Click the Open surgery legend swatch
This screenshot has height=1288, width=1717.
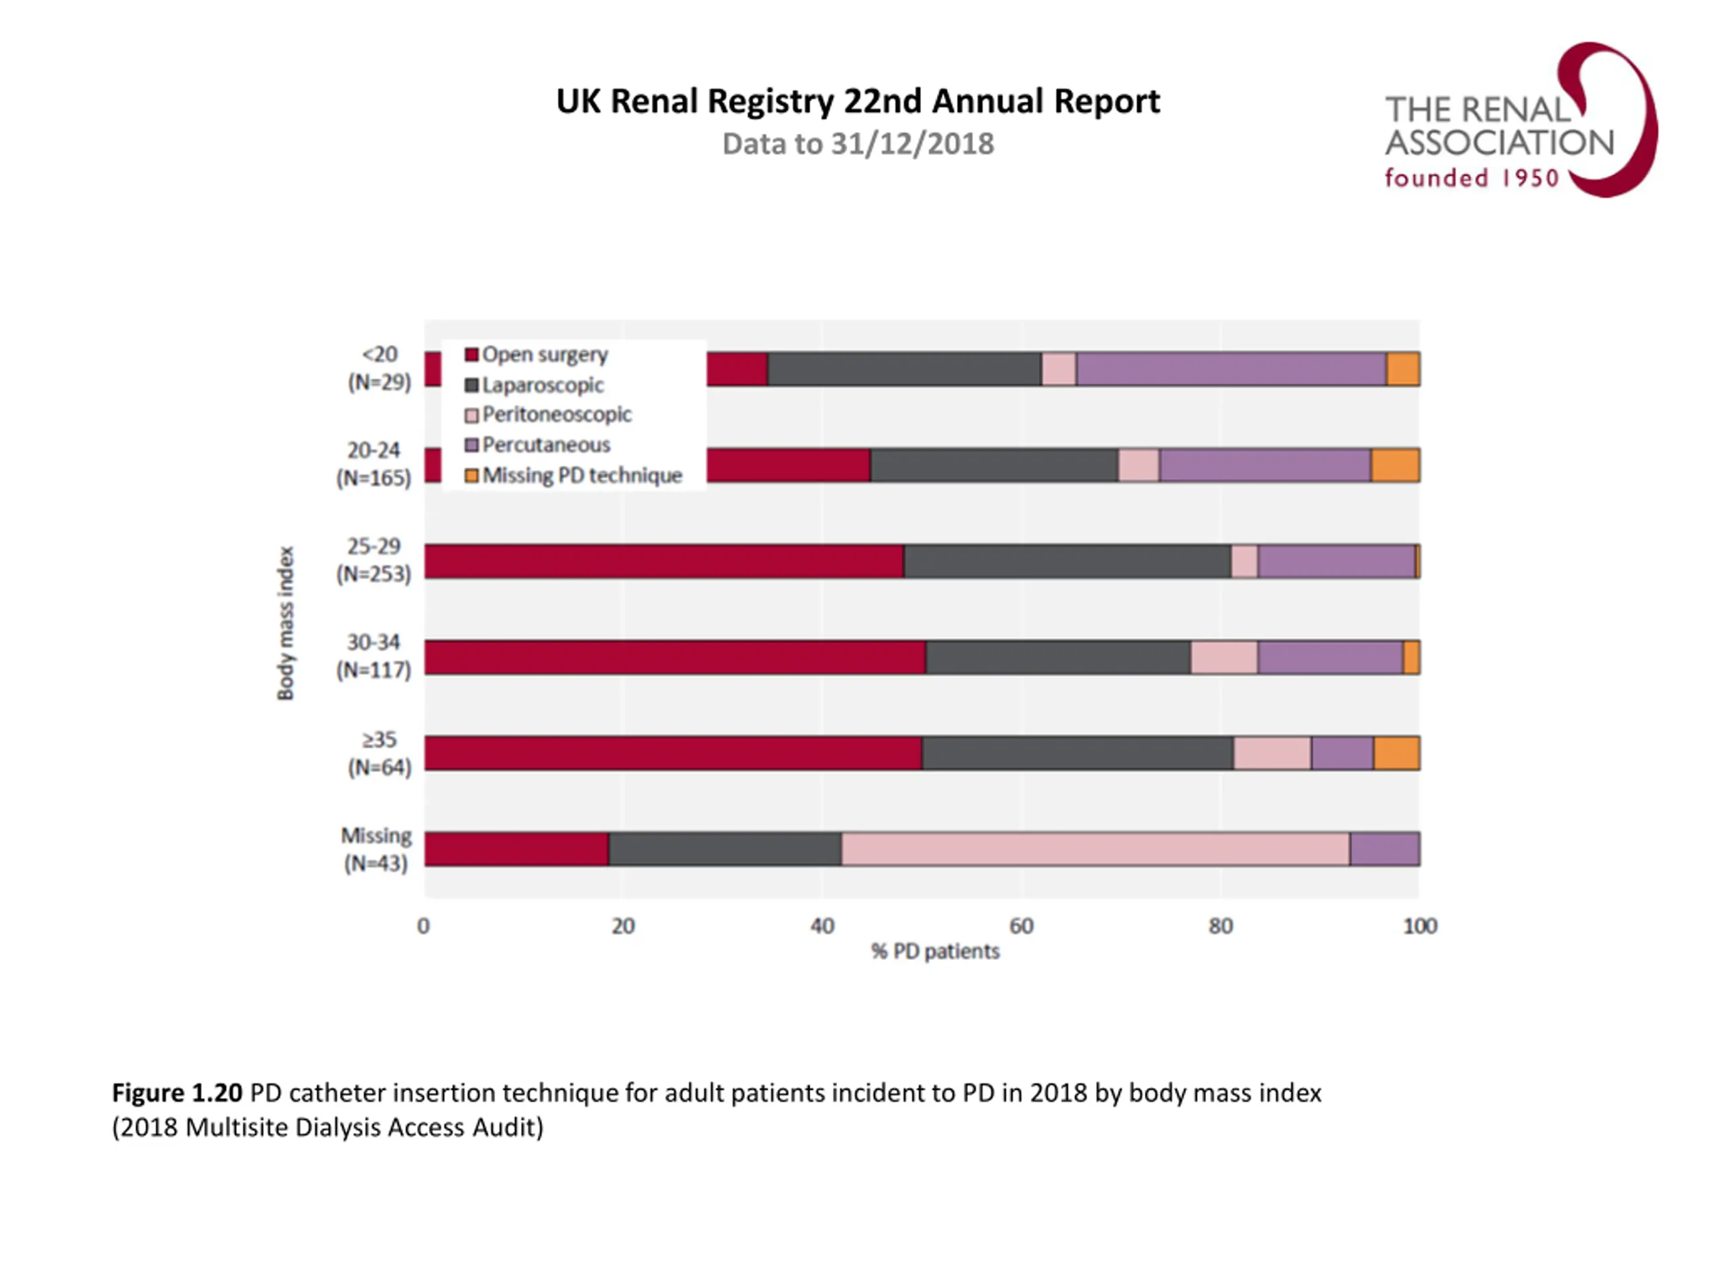point(471,355)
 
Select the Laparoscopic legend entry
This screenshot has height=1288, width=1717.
point(543,385)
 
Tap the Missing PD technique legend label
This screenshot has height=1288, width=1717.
point(582,475)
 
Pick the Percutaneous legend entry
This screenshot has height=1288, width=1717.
point(546,445)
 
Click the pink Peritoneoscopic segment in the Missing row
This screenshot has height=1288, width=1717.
point(1095,849)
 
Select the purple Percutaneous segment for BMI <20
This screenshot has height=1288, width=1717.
point(1231,369)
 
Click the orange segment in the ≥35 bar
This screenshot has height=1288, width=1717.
point(1396,753)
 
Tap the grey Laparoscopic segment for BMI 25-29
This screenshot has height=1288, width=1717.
point(1067,561)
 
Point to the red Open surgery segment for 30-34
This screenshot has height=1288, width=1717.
point(675,657)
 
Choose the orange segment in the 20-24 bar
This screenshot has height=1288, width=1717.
point(1395,465)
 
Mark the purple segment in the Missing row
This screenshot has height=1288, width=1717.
point(1385,849)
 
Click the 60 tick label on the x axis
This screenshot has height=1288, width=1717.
point(1021,926)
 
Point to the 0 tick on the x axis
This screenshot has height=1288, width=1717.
point(423,926)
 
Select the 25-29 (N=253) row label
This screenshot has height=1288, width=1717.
point(374,559)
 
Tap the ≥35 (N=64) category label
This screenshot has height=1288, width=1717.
point(379,753)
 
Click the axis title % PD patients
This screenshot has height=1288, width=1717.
point(936,951)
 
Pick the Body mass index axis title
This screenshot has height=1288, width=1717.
point(286,623)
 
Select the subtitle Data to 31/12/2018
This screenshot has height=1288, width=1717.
point(858,144)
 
